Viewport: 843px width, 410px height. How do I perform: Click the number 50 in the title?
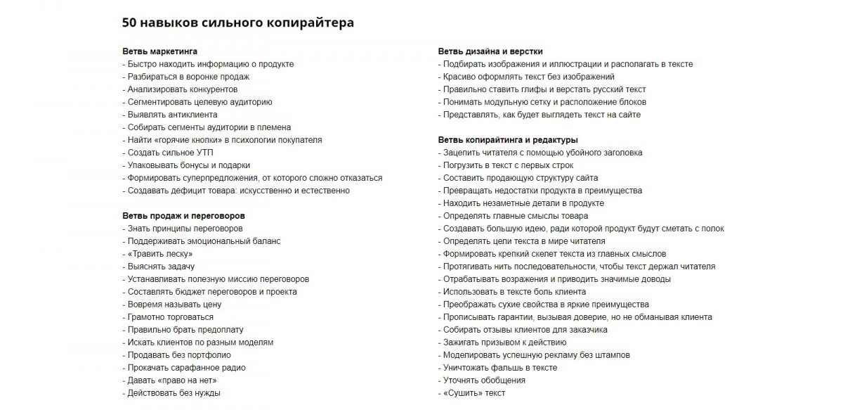click(x=130, y=23)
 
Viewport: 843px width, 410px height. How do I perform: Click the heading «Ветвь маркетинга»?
click(x=159, y=51)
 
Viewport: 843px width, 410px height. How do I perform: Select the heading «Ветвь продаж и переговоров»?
click(x=183, y=216)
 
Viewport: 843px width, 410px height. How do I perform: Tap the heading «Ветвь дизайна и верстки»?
click(x=490, y=51)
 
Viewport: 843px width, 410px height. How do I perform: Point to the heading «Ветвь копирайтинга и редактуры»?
click(x=508, y=140)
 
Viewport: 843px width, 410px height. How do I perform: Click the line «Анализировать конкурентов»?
click(x=182, y=89)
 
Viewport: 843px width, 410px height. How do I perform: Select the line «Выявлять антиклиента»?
click(x=172, y=115)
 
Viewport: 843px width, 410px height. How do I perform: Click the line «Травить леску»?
click(x=159, y=254)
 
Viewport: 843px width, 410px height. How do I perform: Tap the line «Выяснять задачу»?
click(x=161, y=267)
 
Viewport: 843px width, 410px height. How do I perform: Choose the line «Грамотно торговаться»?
click(x=170, y=317)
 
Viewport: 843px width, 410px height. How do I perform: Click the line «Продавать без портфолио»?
click(x=179, y=355)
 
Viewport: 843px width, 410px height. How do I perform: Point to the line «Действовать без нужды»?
click(x=174, y=393)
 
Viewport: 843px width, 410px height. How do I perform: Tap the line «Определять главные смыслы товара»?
click(x=515, y=216)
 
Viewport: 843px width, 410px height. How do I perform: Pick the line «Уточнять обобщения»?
click(x=484, y=380)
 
